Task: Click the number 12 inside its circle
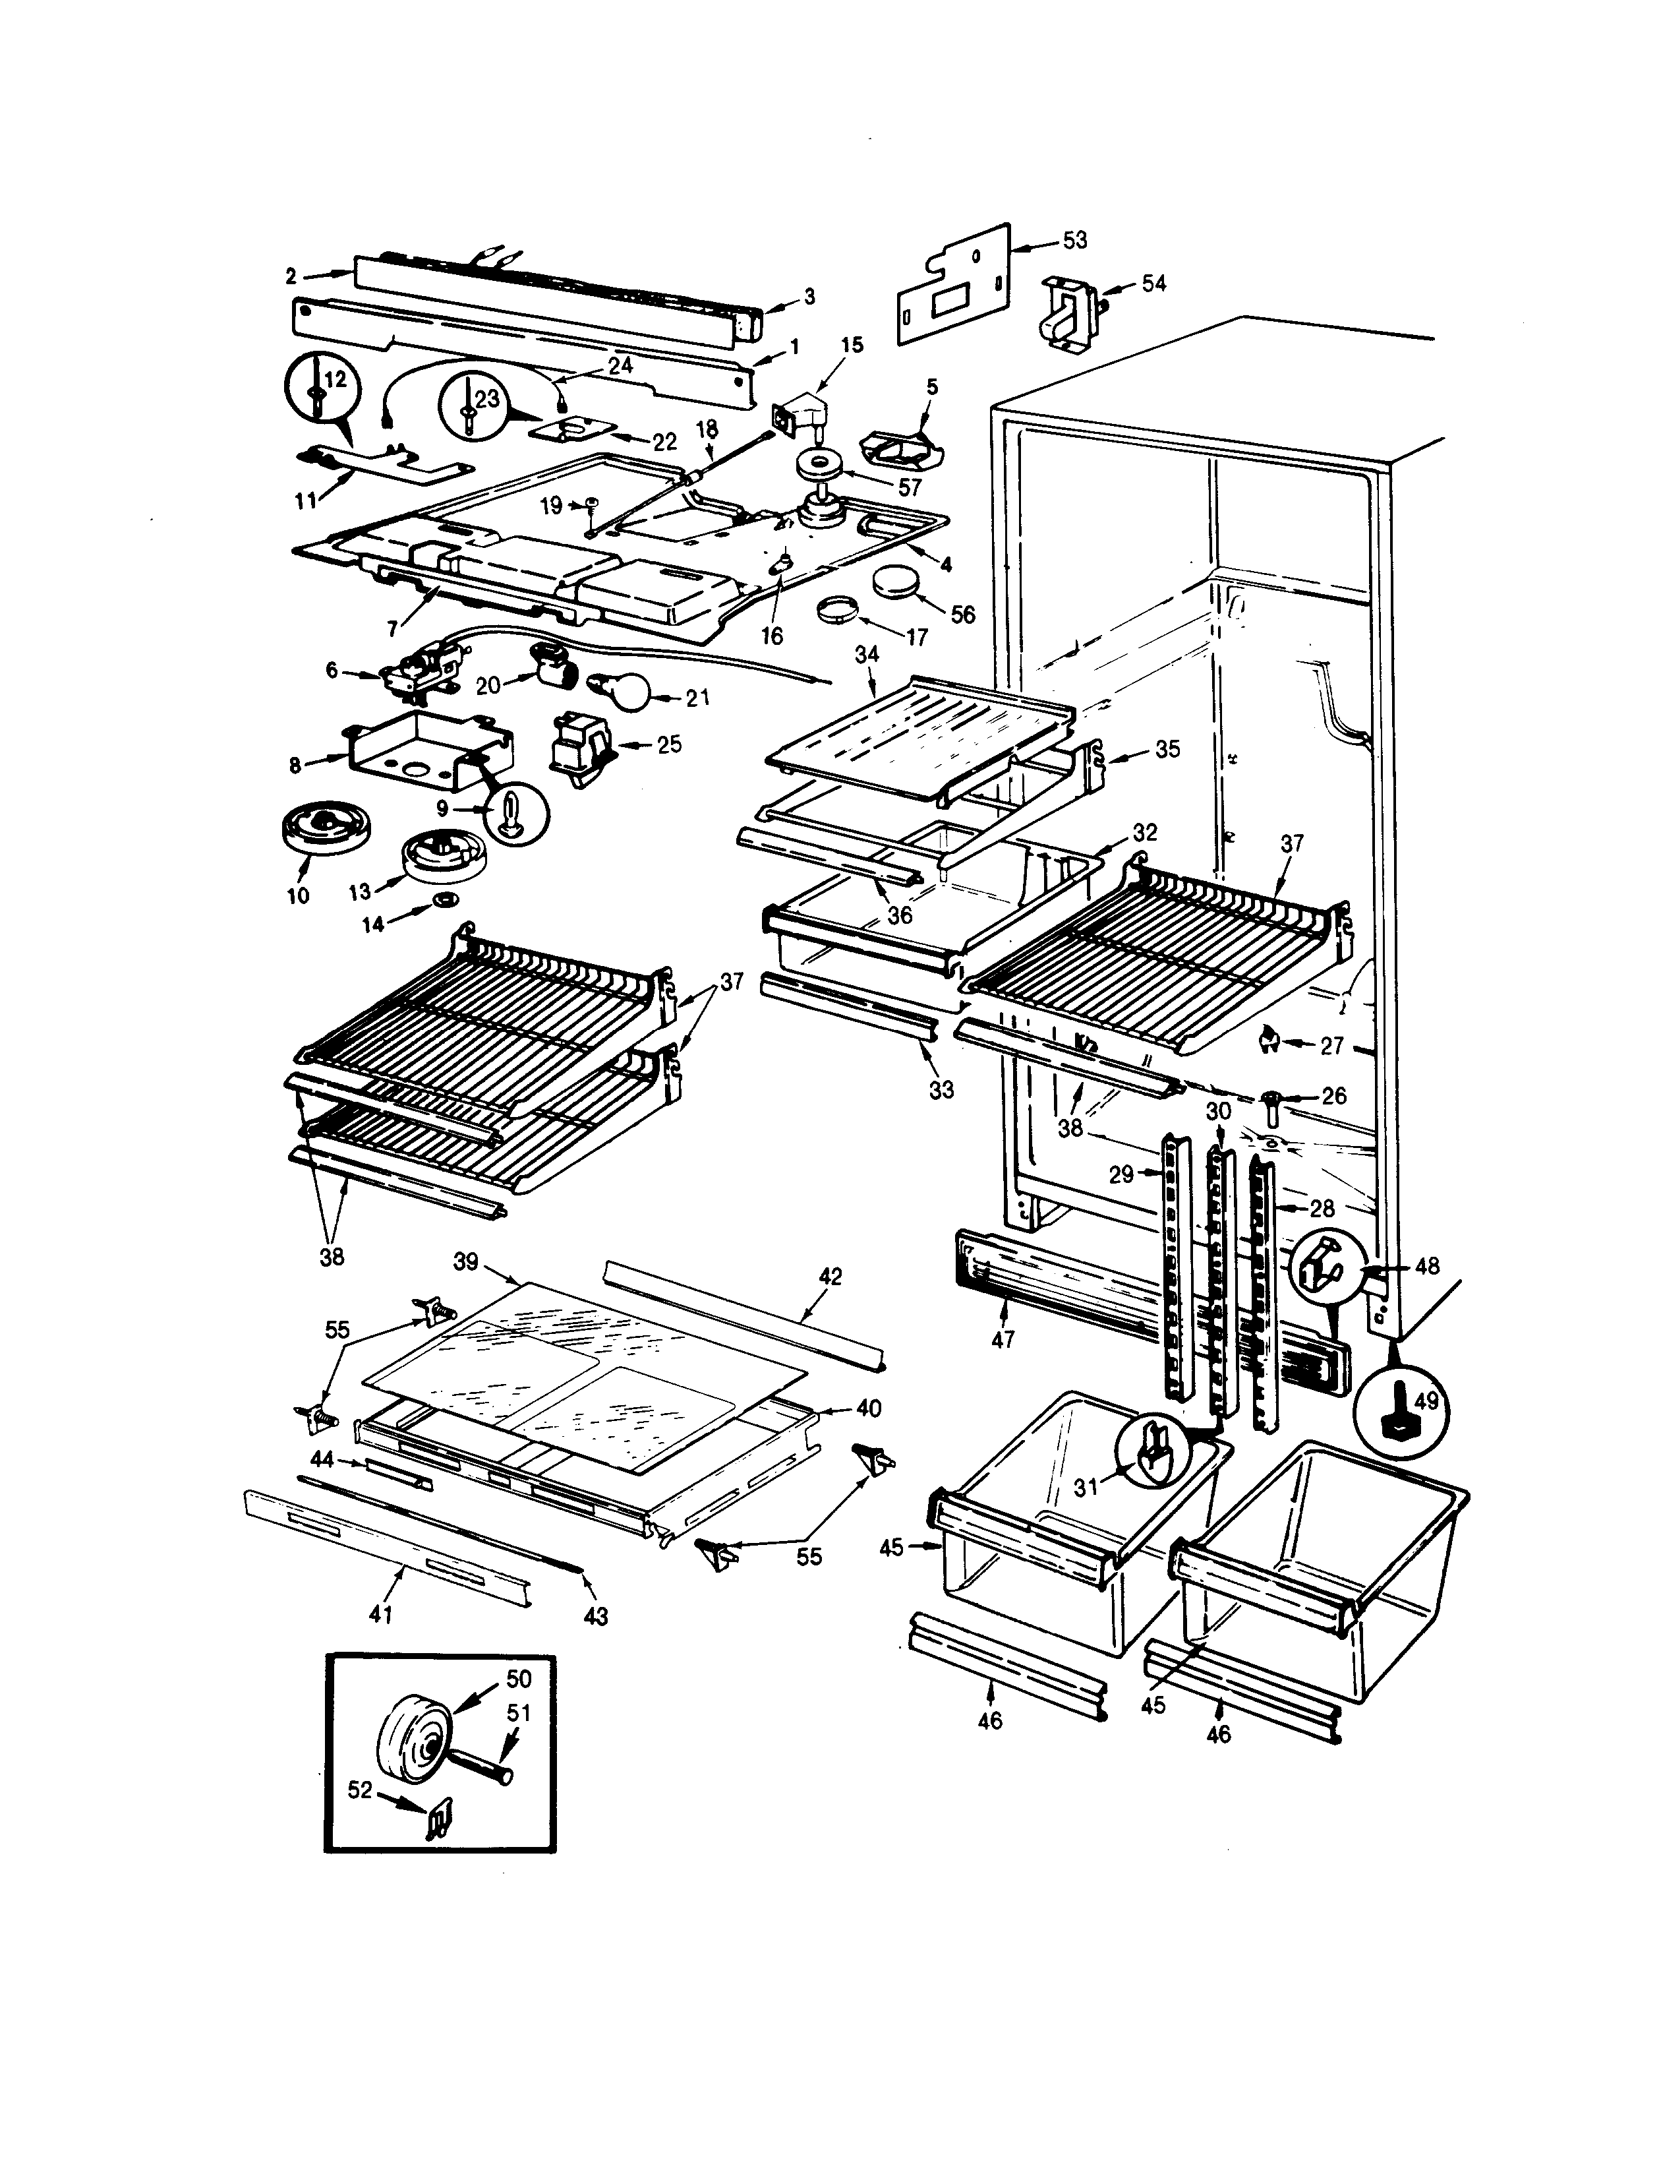click(x=335, y=378)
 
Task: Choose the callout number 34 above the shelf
click(x=866, y=654)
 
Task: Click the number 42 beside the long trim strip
click(x=830, y=1276)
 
